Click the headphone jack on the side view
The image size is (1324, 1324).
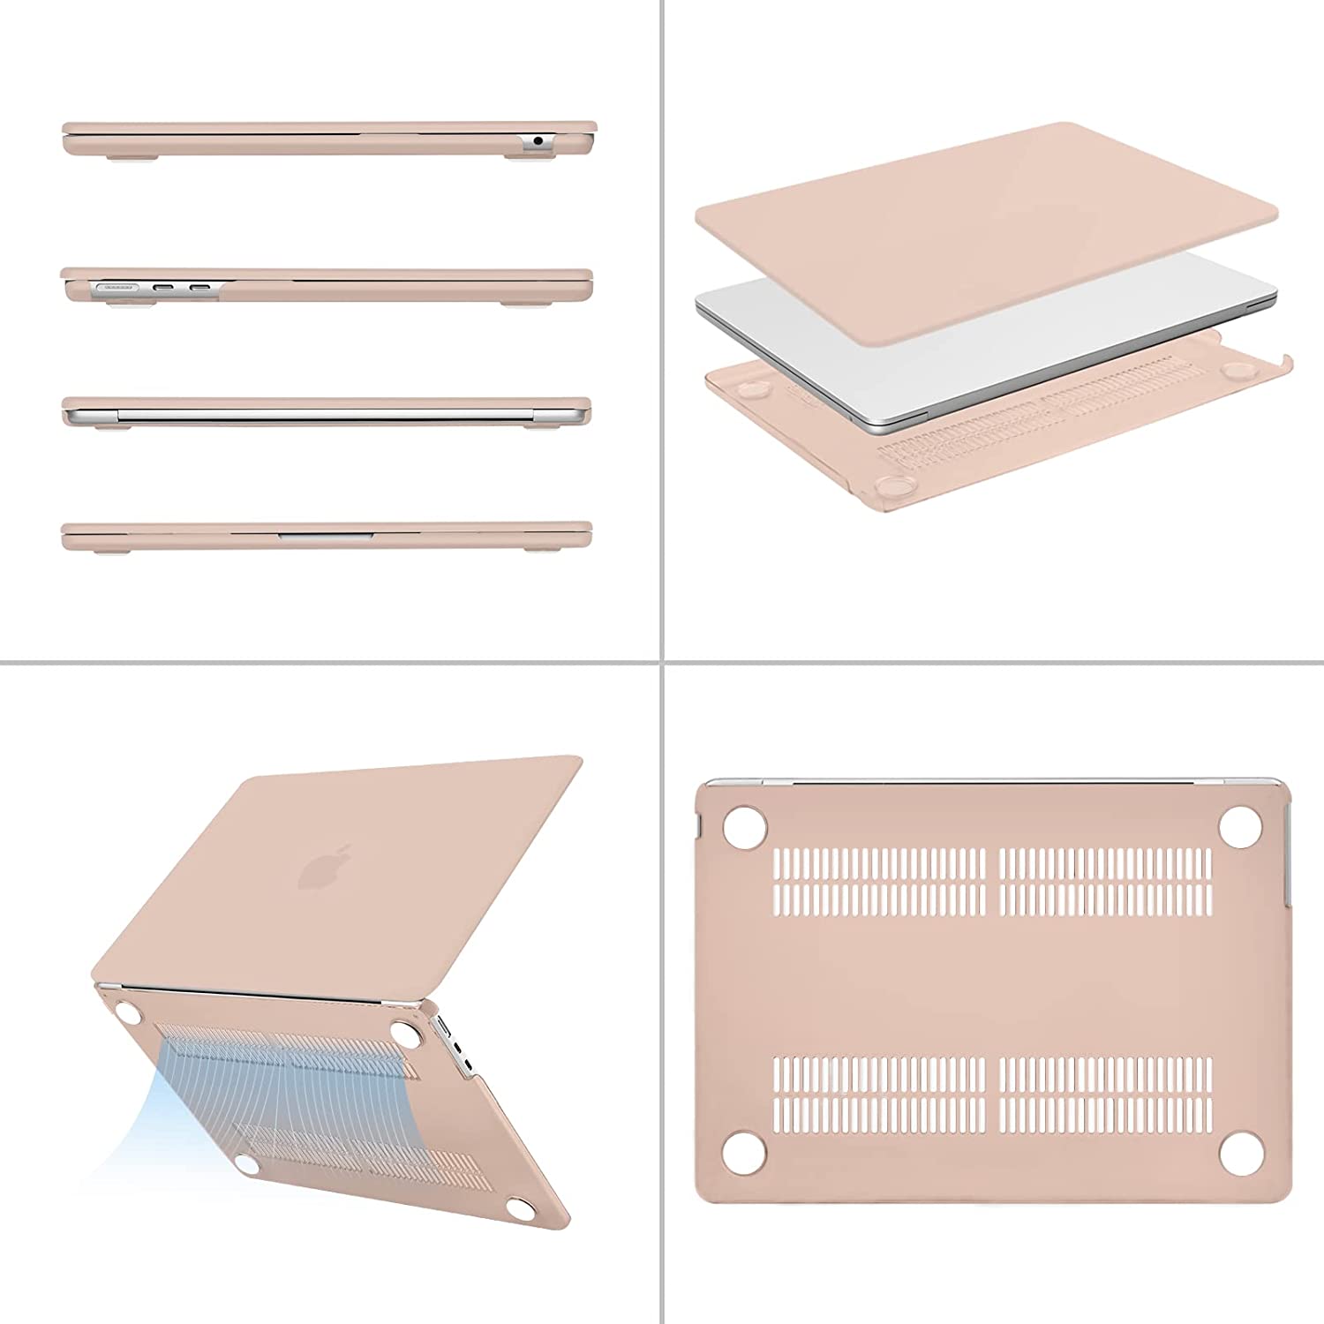coord(538,140)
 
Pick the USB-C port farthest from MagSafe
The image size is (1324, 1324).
coord(199,287)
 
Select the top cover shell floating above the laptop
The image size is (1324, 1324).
coord(980,221)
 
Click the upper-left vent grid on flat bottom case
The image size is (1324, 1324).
coord(879,881)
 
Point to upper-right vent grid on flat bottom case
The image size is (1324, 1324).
coord(1106,881)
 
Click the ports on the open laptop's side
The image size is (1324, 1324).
coord(452,1046)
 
